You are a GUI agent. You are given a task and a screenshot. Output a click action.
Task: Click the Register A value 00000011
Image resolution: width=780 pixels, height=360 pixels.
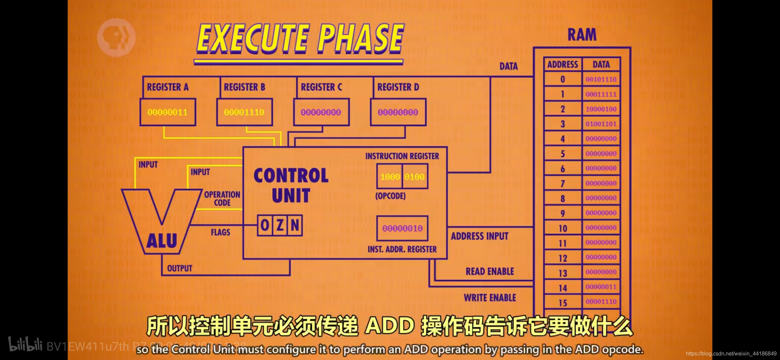(x=167, y=112)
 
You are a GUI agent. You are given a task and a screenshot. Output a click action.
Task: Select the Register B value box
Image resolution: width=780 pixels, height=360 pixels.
(x=244, y=112)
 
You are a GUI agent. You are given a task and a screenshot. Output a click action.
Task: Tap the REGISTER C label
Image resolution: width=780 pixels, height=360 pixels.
(x=321, y=87)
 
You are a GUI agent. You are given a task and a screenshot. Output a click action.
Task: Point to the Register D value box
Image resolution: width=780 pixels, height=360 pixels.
(x=398, y=112)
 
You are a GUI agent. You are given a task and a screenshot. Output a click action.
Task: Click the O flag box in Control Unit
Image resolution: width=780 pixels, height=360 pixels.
(x=265, y=225)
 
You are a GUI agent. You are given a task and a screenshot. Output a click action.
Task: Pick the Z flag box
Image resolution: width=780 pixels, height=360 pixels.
(x=280, y=225)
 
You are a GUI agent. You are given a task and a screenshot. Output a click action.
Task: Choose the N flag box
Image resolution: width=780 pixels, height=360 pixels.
(x=295, y=225)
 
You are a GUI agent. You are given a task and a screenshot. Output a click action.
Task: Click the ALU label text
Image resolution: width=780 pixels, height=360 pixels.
(x=162, y=241)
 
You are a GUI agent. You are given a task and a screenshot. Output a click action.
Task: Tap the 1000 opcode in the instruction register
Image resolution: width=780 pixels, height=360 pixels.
(x=390, y=177)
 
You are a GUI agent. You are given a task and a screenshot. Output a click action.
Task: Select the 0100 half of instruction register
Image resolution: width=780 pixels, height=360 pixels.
(x=414, y=177)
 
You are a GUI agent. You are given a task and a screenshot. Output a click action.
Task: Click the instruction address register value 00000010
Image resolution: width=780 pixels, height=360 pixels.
(x=402, y=228)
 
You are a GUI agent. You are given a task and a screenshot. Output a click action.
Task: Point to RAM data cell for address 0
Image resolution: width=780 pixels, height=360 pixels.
(x=601, y=79)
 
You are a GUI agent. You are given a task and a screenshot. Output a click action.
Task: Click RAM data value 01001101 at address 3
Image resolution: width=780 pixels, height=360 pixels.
(x=601, y=124)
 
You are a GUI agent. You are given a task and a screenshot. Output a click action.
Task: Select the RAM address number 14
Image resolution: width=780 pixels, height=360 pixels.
(x=563, y=288)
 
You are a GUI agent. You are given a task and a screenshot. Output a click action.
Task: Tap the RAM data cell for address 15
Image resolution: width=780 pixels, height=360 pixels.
(x=601, y=302)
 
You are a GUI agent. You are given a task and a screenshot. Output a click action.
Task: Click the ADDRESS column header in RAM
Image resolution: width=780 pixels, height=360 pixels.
(x=563, y=64)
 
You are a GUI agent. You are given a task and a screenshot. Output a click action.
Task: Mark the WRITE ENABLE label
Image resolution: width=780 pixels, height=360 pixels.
(x=490, y=298)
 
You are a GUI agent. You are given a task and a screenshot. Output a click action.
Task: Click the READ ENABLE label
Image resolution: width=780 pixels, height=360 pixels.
(x=490, y=272)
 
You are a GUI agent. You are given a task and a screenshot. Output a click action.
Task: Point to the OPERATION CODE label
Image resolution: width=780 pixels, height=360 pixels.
(x=222, y=199)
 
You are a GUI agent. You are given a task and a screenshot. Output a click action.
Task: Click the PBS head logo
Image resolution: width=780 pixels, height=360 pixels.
(x=116, y=37)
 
